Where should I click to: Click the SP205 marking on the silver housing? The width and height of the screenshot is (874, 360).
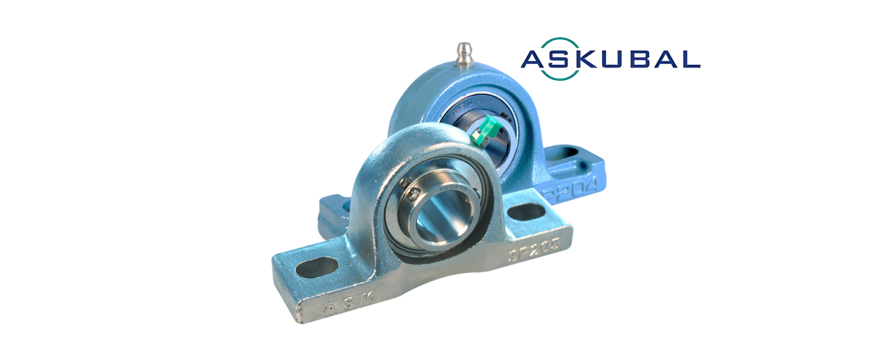click(528, 252)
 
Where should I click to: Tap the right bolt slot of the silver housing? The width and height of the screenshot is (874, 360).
click(527, 211)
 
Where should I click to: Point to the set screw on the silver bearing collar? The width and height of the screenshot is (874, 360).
click(413, 195)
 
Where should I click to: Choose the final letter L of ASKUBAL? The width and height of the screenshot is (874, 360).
click(690, 59)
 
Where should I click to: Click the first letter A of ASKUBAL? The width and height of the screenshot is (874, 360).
click(534, 59)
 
